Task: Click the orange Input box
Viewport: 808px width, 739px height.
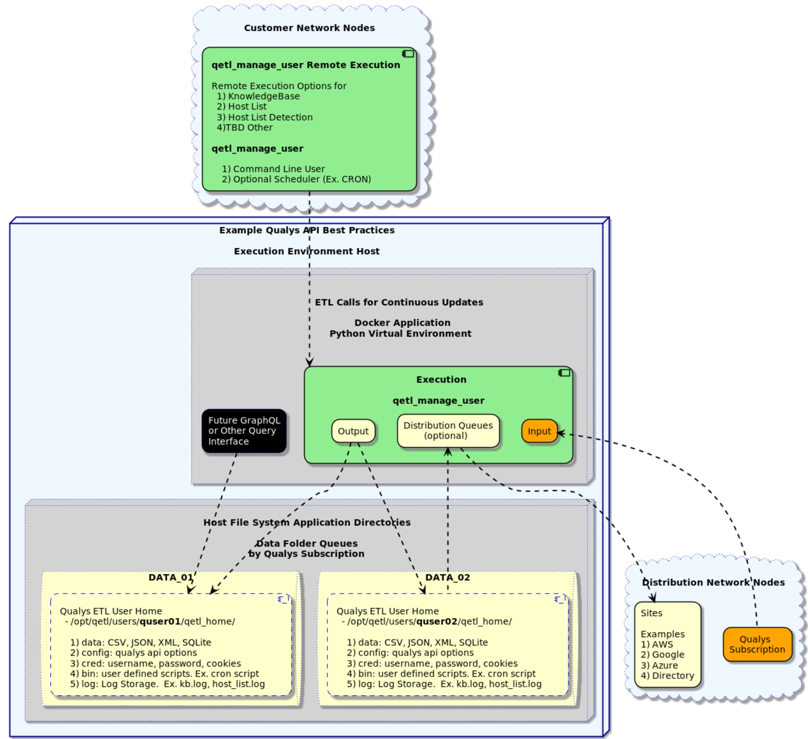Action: click(539, 431)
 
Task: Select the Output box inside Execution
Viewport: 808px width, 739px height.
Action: click(353, 431)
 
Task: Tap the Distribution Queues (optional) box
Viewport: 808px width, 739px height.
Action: click(448, 431)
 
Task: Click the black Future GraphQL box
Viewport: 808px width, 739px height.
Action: click(244, 431)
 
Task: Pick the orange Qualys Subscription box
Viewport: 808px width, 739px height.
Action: click(757, 644)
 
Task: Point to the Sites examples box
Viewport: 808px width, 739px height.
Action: click(667, 644)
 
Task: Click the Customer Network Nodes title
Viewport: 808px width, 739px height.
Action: click(309, 28)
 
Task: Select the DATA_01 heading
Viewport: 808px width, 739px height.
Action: click(171, 577)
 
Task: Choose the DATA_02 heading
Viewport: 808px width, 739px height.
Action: click(447, 577)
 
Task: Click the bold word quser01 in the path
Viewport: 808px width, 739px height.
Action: click(160, 621)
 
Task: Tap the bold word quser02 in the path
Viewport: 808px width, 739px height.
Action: click(436, 621)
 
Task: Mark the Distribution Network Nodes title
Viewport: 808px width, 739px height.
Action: click(713, 582)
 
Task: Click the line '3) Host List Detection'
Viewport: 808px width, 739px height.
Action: click(265, 117)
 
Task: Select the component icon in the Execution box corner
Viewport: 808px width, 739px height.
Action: click(564, 373)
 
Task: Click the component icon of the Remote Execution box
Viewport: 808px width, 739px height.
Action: click(408, 54)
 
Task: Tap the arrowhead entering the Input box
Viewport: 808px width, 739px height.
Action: click(560, 434)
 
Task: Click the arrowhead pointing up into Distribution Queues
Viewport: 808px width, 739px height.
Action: click(448, 452)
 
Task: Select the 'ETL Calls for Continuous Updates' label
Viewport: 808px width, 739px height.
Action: click(399, 302)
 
